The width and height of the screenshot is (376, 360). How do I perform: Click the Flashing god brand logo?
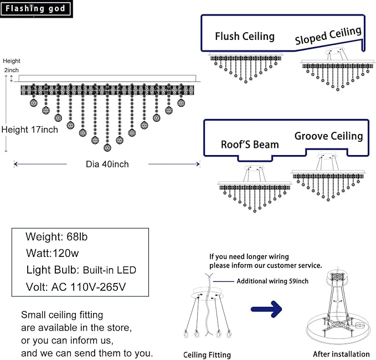pos(36,8)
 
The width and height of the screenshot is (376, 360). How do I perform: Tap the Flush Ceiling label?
pos(244,37)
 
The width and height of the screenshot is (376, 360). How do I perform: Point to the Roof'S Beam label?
pos(250,145)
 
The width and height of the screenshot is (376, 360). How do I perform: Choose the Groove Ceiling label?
pos(328,136)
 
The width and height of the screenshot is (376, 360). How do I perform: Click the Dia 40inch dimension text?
pos(107,164)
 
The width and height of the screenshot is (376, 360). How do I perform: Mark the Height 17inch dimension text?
pos(29,130)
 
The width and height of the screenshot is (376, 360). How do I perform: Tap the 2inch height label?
pos(11,70)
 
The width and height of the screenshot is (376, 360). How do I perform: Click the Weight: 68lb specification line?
pos(56,236)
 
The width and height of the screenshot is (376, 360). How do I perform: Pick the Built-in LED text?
pos(110,270)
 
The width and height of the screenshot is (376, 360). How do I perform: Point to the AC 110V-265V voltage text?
pos(91,287)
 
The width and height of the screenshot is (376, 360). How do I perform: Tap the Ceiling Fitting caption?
pos(207,354)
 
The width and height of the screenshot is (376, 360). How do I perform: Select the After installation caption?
pos(341,354)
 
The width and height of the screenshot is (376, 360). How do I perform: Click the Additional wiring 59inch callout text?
pos(272,281)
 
